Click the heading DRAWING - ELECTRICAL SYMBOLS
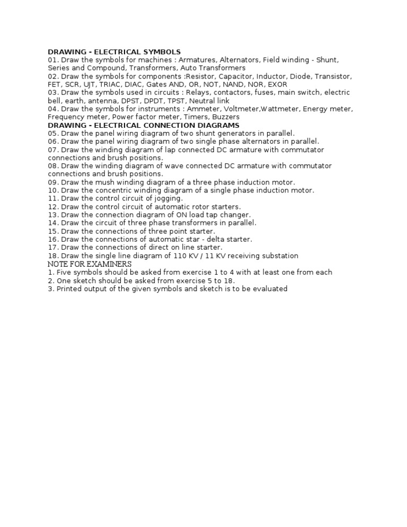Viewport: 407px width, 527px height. [x=114, y=52]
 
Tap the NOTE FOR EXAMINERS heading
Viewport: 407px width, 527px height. [x=90, y=264]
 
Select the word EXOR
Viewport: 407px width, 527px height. [x=278, y=84]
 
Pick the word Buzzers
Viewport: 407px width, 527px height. [x=226, y=117]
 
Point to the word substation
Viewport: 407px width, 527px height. [x=278, y=256]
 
